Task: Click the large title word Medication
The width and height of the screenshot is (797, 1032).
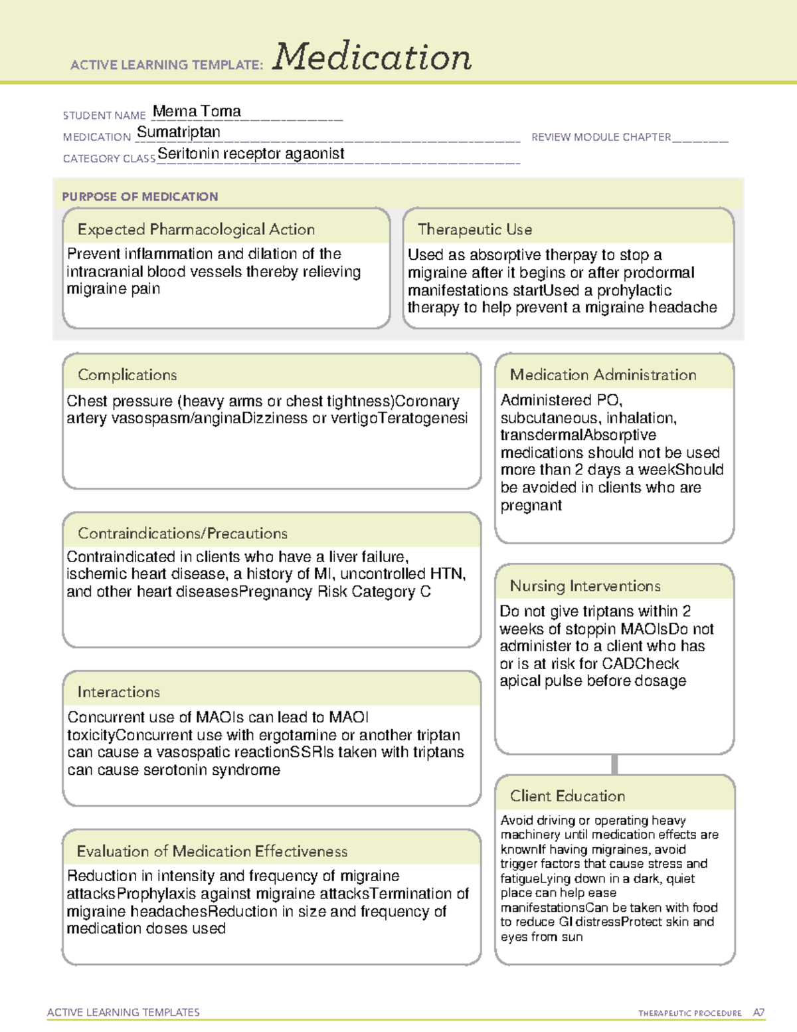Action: (x=372, y=57)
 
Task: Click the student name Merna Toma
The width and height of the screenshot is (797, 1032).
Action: (x=197, y=112)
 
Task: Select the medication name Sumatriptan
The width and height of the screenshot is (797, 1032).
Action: (x=178, y=132)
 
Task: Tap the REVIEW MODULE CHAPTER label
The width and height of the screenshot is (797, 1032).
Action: (x=601, y=137)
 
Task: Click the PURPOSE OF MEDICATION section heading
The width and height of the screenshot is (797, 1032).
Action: (x=139, y=197)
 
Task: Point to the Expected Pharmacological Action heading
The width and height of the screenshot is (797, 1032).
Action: (x=196, y=229)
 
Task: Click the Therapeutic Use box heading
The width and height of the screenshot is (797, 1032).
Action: (x=474, y=229)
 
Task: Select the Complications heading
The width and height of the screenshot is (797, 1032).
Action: (x=127, y=375)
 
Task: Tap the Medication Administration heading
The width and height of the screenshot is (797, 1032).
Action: (x=602, y=375)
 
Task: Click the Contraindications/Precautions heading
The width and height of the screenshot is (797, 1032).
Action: (x=182, y=533)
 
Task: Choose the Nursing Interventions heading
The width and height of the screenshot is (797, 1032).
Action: (x=584, y=586)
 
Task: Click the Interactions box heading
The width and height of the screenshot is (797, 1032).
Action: (x=118, y=692)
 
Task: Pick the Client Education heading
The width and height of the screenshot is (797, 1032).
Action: (x=567, y=796)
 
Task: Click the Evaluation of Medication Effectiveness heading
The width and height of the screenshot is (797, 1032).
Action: (x=212, y=851)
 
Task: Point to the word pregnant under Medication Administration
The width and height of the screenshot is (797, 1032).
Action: (x=531, y=506)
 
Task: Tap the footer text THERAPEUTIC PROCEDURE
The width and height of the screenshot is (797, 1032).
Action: (x=689, y=1013)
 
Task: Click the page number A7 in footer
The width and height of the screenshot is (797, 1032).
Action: (x=758, y=1013)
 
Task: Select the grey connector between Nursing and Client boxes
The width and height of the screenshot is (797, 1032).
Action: (x=614, y=765)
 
